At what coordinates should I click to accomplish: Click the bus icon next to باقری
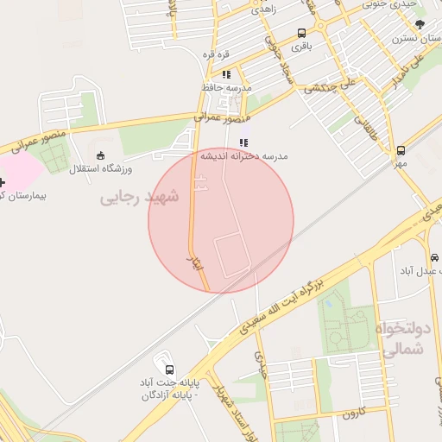pos(301,34)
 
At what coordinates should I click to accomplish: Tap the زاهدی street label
pos(262,10)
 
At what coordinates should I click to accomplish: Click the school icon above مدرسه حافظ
pos(226,75)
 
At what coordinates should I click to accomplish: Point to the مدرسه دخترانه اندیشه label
pos(244,156)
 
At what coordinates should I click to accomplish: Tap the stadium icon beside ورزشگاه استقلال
pos(102,156)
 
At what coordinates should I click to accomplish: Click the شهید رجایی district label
pos(139,198)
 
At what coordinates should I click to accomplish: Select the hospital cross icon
pos(3,183)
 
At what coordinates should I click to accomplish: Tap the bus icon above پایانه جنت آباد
pos(167,368)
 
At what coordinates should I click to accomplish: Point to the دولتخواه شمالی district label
pos(402,340)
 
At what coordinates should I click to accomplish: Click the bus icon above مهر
pos(400,150)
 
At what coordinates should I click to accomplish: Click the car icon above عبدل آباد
pos(433,258)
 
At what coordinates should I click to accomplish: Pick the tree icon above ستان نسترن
pos(420,25)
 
